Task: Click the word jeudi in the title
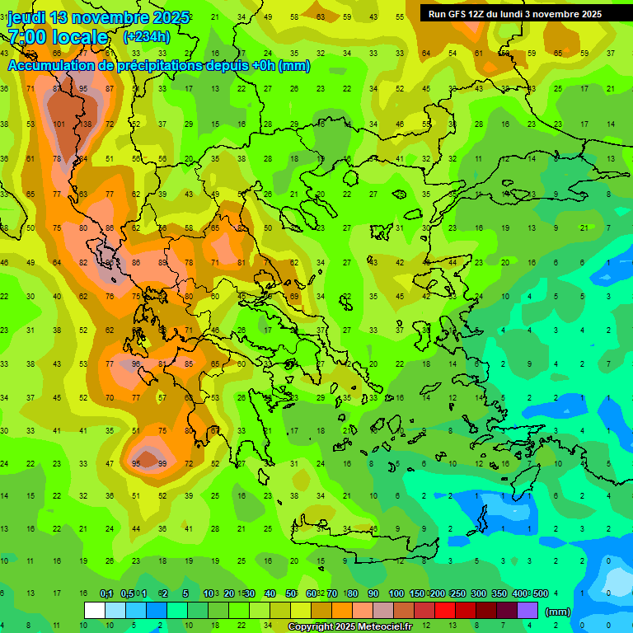28,17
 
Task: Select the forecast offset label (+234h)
146,36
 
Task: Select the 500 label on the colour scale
539,594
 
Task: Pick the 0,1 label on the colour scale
106,594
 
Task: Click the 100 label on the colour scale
396,594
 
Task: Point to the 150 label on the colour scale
418,594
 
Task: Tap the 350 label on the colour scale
499,594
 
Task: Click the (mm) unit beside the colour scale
558,612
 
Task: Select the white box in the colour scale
94,610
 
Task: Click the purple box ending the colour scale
527,610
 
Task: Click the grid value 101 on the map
59,124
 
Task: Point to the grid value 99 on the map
162,464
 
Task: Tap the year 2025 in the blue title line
171,17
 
